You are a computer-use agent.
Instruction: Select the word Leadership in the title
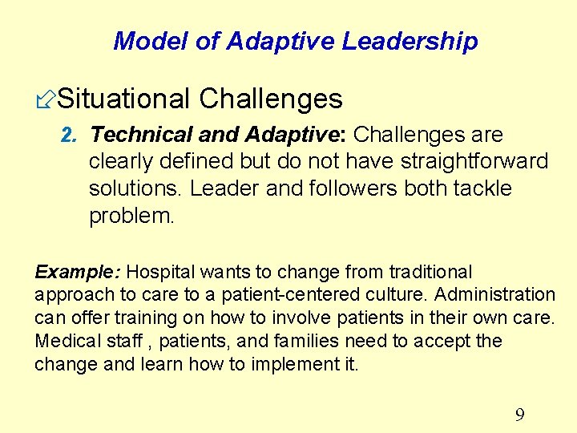click(x=410, y=41)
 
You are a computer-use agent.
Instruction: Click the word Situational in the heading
click(x=124, y=99)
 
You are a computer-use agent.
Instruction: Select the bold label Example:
click(x=78, y=272)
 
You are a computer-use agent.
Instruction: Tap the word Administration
click(x=494, y=295)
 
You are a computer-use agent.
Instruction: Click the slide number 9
click(x=519, y=415)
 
